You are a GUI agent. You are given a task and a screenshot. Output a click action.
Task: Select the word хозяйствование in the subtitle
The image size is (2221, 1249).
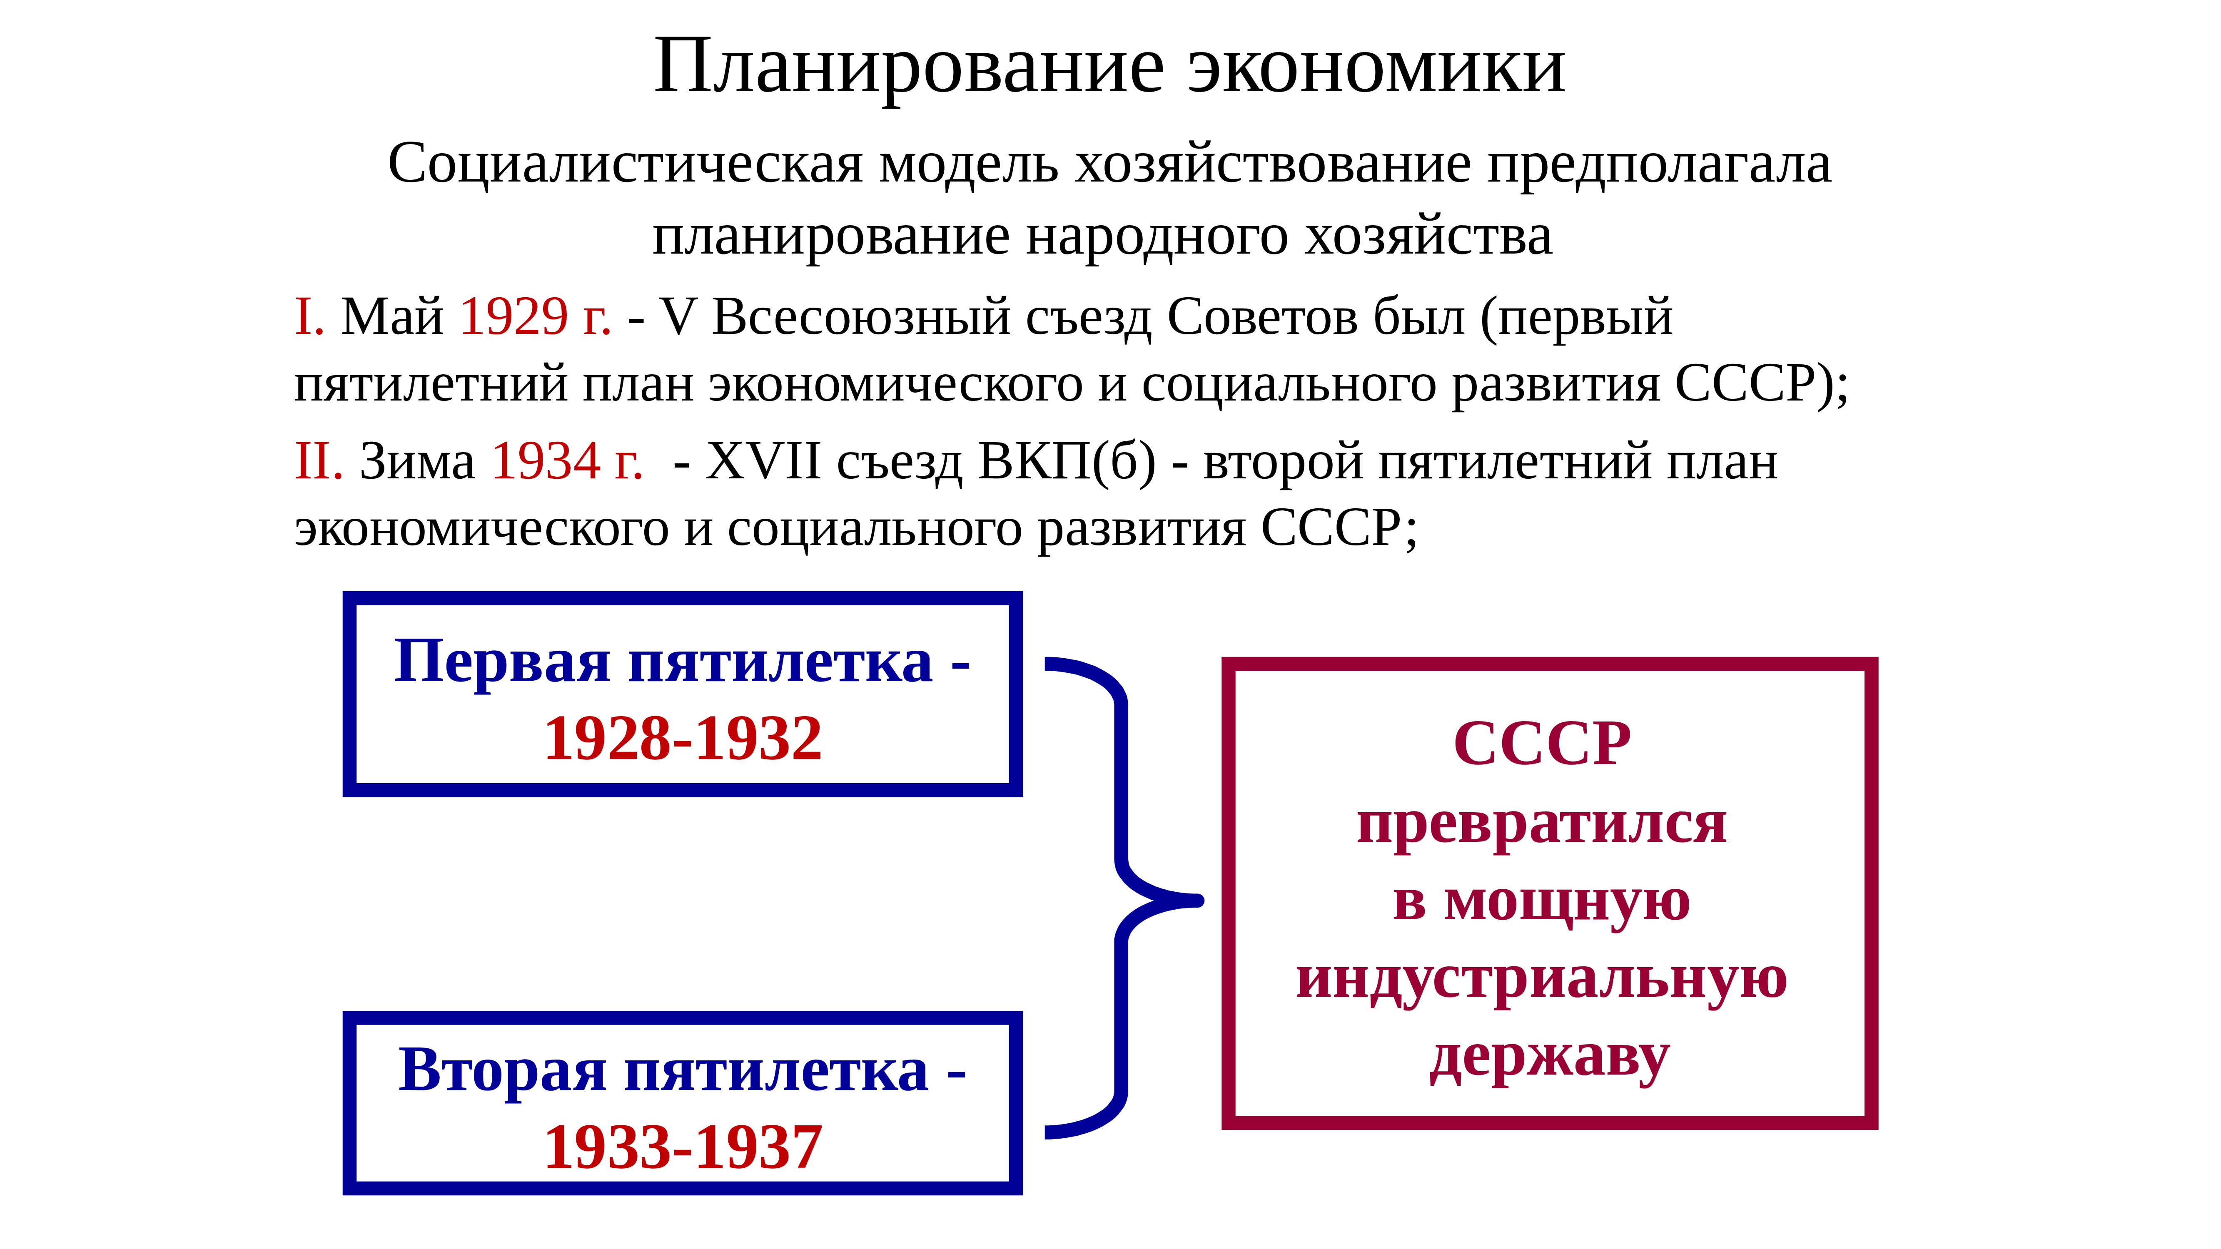coord(1273,164)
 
